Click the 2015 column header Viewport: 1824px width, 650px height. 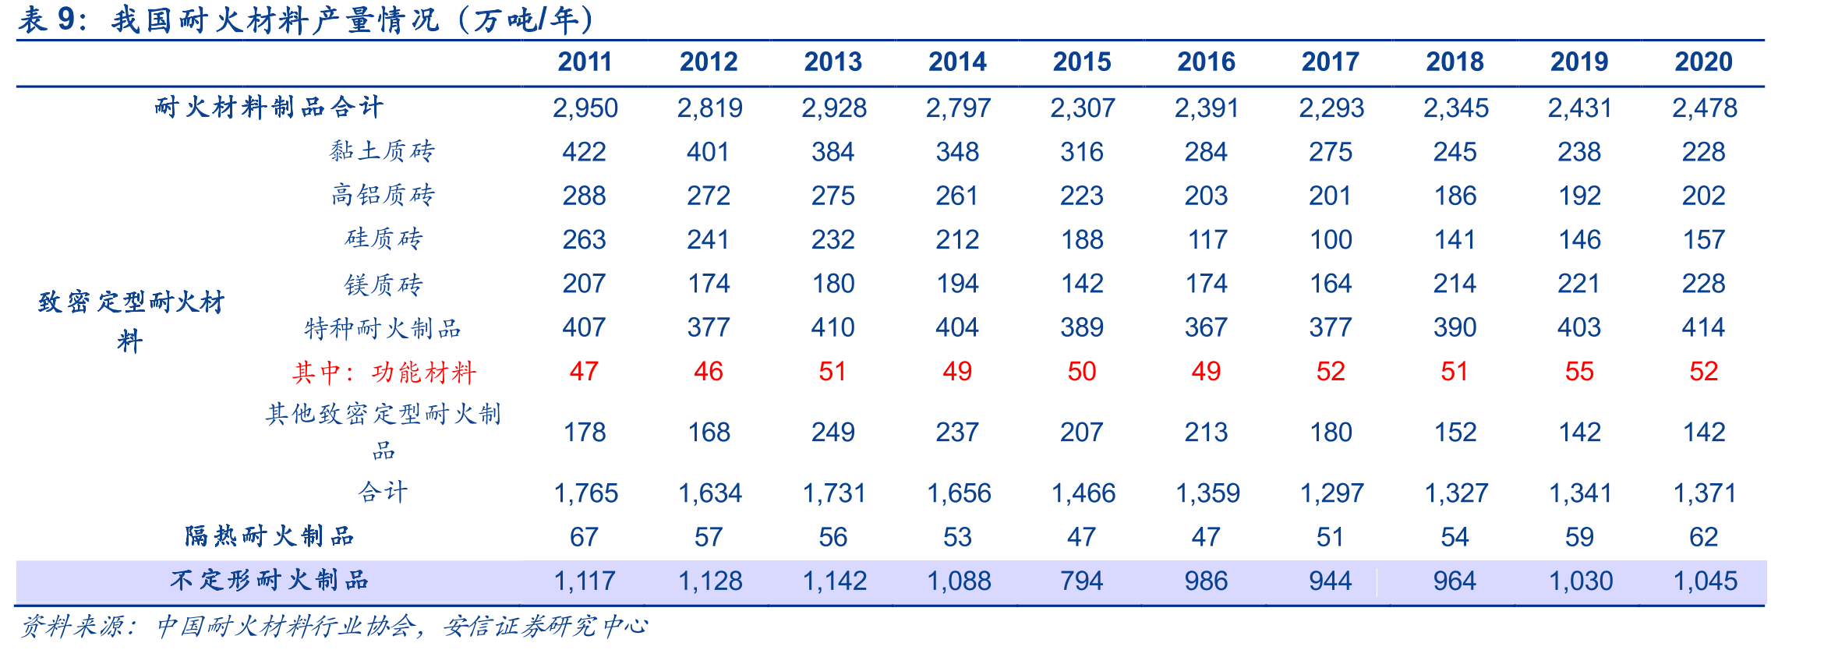[1082, 62]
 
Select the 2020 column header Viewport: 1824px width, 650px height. [1704, 62]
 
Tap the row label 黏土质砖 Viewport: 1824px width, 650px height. [382, 151]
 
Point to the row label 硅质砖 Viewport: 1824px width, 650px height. [384, 238]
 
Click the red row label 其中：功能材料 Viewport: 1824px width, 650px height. [384, 373]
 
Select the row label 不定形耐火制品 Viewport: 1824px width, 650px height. [270, 580]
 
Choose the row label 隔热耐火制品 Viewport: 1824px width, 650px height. [270, 536]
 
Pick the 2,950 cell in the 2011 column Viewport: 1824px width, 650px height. [585, 108]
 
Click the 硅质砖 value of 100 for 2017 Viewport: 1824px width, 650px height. [1331, 239]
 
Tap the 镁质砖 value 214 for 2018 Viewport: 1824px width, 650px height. [1455, 284]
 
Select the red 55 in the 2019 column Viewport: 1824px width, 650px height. [1579, 372]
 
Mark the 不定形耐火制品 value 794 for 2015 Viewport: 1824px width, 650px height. [1082, 581]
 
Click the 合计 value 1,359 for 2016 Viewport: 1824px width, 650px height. [1207, 493]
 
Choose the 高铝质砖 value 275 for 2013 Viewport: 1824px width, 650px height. [833, 196]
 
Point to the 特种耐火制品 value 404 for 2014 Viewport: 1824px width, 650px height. [957, 327]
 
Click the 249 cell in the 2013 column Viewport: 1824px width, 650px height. [833, 433]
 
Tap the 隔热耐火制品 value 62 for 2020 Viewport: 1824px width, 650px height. [1704, 537]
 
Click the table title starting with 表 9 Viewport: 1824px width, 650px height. [306, 19]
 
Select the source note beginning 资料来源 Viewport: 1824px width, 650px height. [334, 626]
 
